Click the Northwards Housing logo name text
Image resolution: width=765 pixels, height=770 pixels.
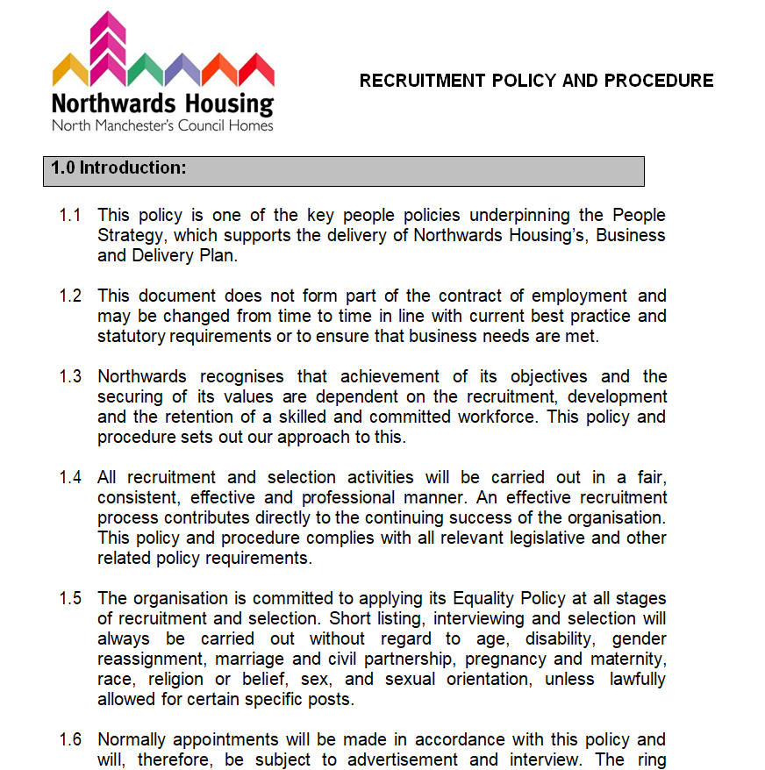[162, 103]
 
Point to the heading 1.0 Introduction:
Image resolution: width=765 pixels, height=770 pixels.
[118, 168]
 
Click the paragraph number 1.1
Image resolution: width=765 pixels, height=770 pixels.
[70, 215]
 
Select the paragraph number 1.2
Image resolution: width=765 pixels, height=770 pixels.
[70, 296]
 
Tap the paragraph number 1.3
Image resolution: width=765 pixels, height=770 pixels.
[70, 376]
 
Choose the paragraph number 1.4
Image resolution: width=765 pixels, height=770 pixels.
[70, 477]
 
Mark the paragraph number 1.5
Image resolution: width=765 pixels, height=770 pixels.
[70, 598]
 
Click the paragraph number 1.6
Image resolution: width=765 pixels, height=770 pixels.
[70, 739]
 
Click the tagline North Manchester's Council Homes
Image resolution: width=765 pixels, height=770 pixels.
[162, 125]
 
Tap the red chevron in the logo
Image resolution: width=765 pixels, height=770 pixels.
[257, 68]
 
